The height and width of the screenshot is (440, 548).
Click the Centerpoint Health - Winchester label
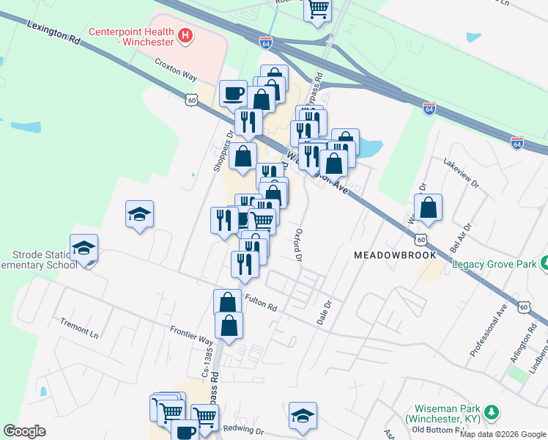click(x=131, y=37)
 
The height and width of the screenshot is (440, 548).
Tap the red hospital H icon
click(x=185, y=34)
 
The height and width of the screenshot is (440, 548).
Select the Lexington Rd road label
click(x=53, y=32)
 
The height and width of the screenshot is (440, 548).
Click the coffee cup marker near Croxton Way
click(x=233, y=93)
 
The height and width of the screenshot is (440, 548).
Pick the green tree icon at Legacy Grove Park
click(x=545, y=262)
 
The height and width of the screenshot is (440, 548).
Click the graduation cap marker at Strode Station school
click(x=84, y=248)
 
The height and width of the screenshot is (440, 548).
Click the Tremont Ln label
click(x=80, y=326)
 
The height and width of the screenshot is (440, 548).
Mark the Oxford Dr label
click(x=298, y=246)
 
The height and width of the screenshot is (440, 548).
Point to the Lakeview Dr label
click(x=461, y=172)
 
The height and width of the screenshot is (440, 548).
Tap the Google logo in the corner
click(x=24, y=431)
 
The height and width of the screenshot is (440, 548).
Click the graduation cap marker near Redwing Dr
click(x=303, y=414)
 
